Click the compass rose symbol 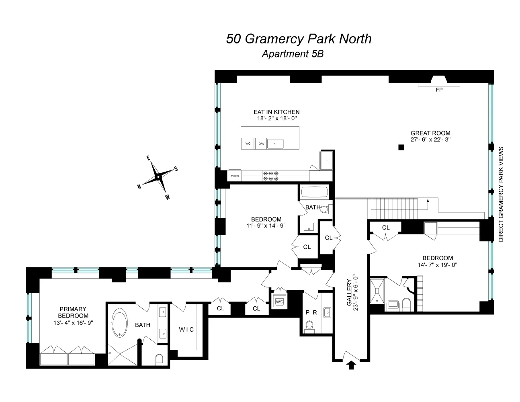[x=159, y=177]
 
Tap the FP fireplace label [x=439, y=90]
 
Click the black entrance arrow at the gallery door [x=351, y=365]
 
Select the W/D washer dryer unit [x=278, y=301]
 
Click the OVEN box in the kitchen [x=235, y=176]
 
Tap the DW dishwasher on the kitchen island [x=261, y=144]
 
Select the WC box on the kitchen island [x=247, y=144]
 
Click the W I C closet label [x=186, y=330]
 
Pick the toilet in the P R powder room [x=309, y=326]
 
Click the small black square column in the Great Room [x=401, y=148]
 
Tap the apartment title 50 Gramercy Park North [x=299, y=39]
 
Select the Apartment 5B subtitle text [x=292, y=54]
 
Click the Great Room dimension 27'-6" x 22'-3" [x=430, y=139]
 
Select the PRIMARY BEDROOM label [x=73, y=312]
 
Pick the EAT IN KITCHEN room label [x=276, y=112]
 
